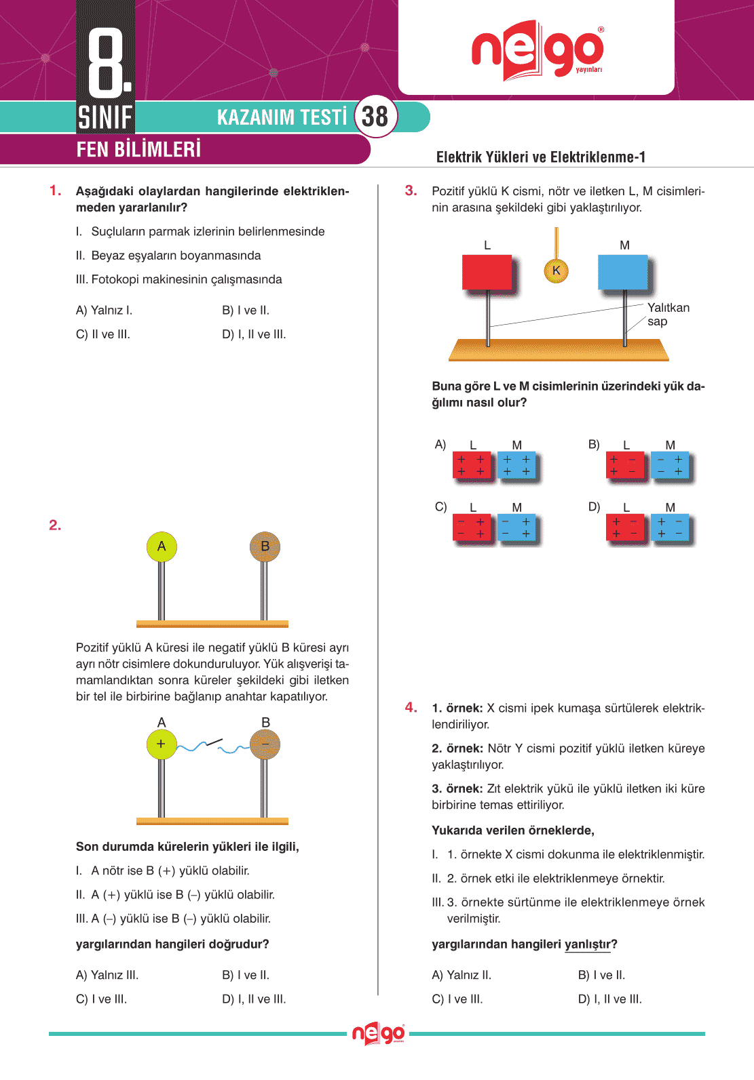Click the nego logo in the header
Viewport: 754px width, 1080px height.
point(537,51)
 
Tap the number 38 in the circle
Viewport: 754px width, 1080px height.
point(375,117)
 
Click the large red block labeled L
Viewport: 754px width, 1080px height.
point(487,273)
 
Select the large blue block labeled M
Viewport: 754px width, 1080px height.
point(622,273)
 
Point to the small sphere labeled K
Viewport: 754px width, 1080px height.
point(557,271)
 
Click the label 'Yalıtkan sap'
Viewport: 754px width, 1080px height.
point(668,315)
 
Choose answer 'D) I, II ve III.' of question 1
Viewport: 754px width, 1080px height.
point(254,334)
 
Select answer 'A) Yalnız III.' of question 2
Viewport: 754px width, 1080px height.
point(107,975)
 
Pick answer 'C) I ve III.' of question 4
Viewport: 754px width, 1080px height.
point(457,999)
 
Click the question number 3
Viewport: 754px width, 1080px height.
point(411,191)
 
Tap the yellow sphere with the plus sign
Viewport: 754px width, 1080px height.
point(162,744)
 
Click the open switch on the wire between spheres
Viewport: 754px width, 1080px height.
point(214,743)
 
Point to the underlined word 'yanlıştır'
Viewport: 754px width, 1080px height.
point(588,944)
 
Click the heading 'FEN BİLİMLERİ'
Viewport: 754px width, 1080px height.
point(138,149)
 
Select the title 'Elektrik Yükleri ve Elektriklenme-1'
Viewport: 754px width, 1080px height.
point(540,157)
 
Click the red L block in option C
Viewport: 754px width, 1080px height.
point(472,528)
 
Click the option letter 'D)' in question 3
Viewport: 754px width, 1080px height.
point(594,506)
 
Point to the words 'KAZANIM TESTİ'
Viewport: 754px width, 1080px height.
point(282,117)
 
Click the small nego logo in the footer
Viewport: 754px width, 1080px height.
point(378,1034)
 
